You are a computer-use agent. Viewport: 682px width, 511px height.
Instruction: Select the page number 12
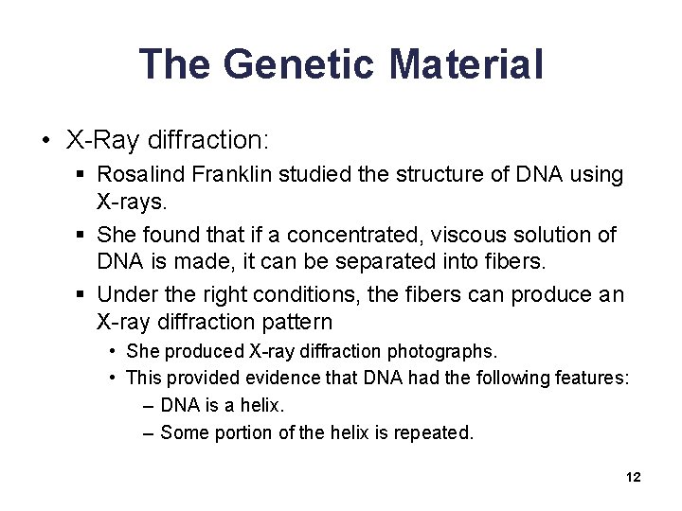click(x=634, y=478)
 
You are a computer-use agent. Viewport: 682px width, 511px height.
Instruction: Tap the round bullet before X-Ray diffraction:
click(x=46, y=141)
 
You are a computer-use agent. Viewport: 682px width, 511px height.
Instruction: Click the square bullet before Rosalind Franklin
click(x=83, y=176)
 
